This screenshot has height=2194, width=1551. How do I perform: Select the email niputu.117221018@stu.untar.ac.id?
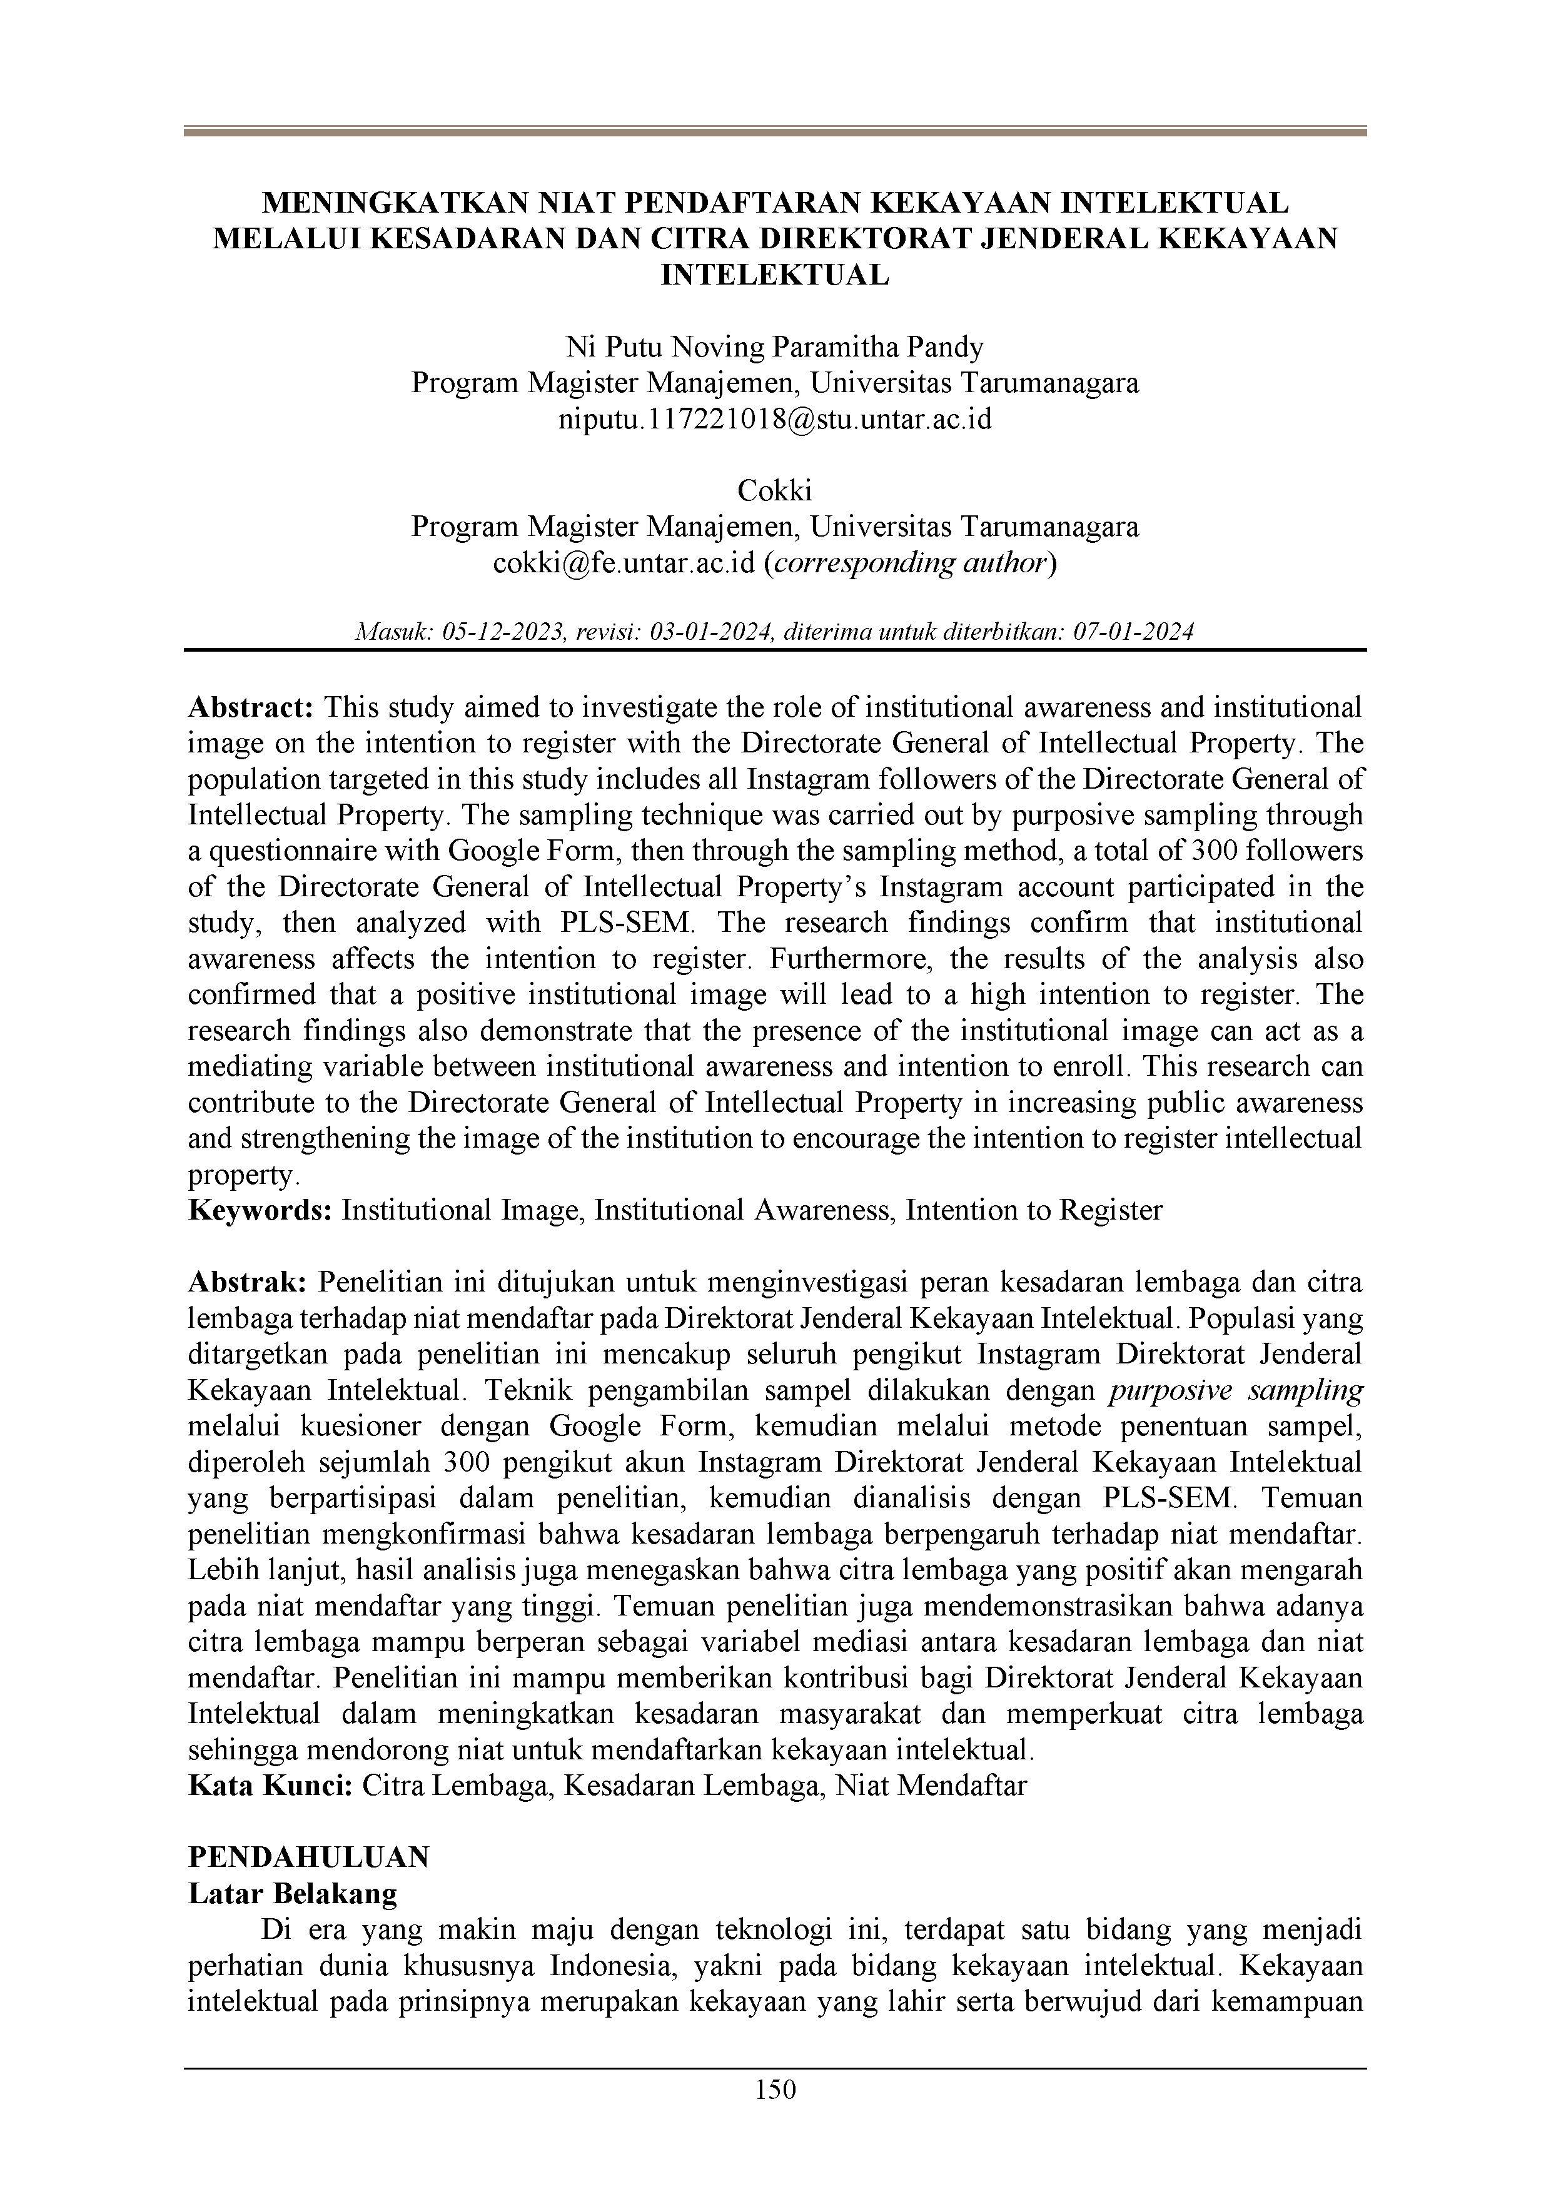click(x=775, y=418)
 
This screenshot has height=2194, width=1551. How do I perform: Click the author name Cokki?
click(x=775, y=491)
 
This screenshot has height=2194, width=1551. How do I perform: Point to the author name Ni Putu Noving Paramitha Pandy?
click(x=775, y=347)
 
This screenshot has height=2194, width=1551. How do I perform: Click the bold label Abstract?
click(x=251, y=707)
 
